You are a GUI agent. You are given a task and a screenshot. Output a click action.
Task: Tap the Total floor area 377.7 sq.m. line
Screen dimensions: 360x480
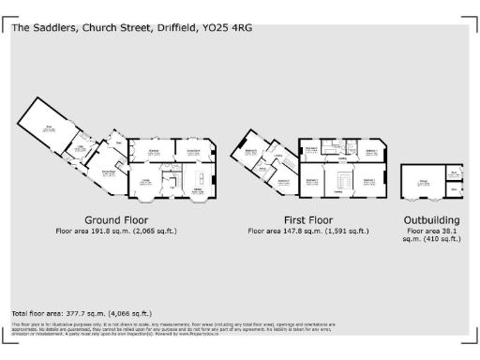pyautogui.click(x=82, y=312)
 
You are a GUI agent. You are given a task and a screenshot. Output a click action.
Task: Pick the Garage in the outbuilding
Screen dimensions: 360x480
pyautogui.click(x=423, y=182)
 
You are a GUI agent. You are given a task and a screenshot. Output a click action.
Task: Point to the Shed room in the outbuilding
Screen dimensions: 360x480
pyautogui.click(x=453, y=172)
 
